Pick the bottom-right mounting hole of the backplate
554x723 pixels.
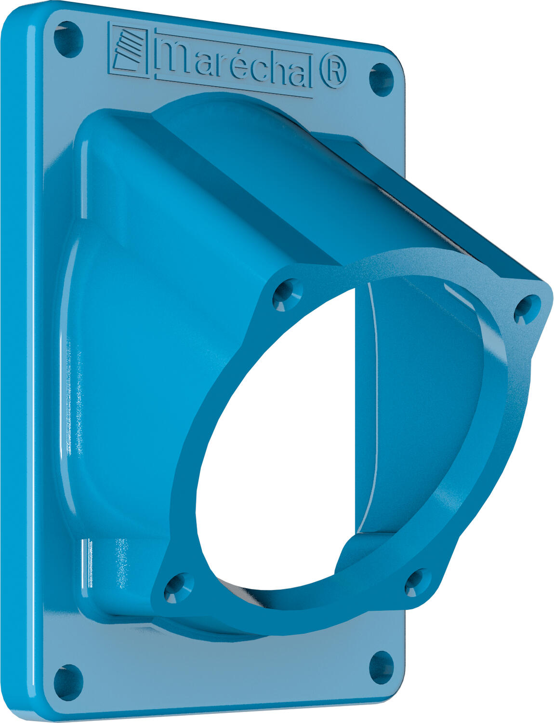point(381,667)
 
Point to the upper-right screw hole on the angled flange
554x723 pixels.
point(527,308)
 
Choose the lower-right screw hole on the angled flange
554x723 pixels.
point(417,582)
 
